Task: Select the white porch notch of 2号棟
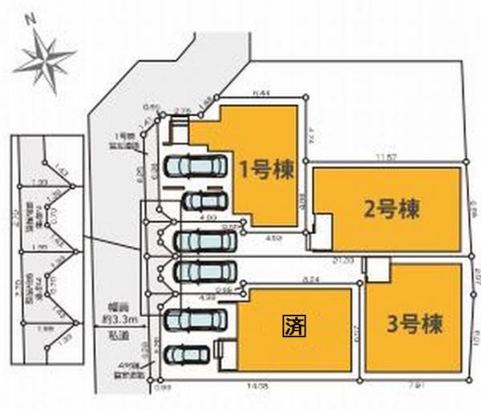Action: tap(321, 226)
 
